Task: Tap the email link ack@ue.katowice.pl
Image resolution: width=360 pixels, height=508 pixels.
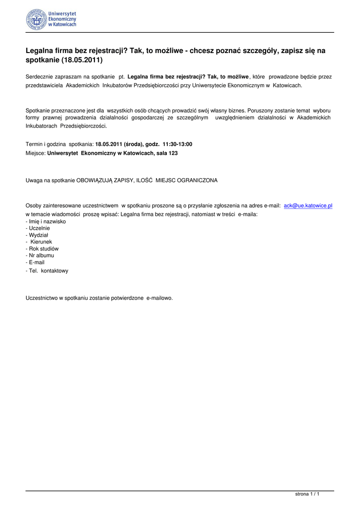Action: [308, 205]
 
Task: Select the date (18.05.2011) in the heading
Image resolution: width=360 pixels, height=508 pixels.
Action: [82, 61]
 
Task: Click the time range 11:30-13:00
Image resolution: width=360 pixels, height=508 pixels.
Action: [177, 144]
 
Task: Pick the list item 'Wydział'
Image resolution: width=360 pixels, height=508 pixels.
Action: [38, 235]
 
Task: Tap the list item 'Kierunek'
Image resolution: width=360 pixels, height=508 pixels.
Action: [41, 242]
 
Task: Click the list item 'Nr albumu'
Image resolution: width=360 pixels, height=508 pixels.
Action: [40, 255]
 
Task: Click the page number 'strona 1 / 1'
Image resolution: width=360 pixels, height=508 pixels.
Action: [307, 494]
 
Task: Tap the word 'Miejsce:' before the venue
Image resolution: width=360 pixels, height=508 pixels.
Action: [35, 153]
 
